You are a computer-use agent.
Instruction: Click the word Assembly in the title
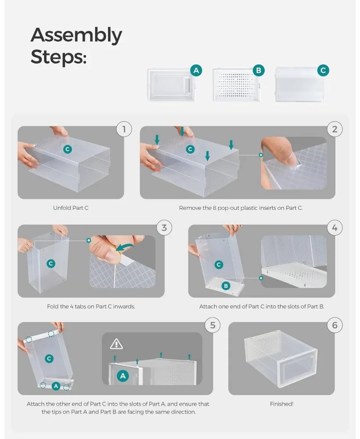pyautogui.click(x=76, y=36)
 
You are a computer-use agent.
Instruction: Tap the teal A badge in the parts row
pyautogui.click(x=196, y=70)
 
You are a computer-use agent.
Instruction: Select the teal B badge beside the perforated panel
pyautogui.click(x=259, y=70)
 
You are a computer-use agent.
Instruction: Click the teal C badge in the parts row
pyautogui.click(x=323, y=70)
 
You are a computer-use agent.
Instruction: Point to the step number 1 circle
pyautogui.click(x=124, y=129)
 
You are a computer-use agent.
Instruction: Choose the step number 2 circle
pyautogui.click(x=335, y=129)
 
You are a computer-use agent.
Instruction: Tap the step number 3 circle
pyautogui.click(x=164, y=227)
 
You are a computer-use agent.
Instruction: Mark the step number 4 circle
pyautogui.click(x=335, y=227)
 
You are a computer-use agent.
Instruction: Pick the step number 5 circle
pyautogui.click(x=213, y=325)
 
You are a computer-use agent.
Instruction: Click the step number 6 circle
pyautogui.click(x=335, y=325)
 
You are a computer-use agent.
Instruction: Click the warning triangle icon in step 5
pyautogui.click(x=116, y=344)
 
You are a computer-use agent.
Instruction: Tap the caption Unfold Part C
pyautogui.click(x=71, y=208)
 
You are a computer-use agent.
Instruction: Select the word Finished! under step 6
pyautogui.click(x=281, y=404)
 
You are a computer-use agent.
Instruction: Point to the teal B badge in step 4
pyautogui.click(x=226, y=286)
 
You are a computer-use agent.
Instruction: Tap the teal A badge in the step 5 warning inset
pyautogui.click(x=123, y=376)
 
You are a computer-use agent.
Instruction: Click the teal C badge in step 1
pyautogui.click(x=67, y=149)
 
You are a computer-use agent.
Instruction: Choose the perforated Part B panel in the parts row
pyautogui.click(x=237, y=85)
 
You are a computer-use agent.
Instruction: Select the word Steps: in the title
pyautogui.click(x=59, y=57)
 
